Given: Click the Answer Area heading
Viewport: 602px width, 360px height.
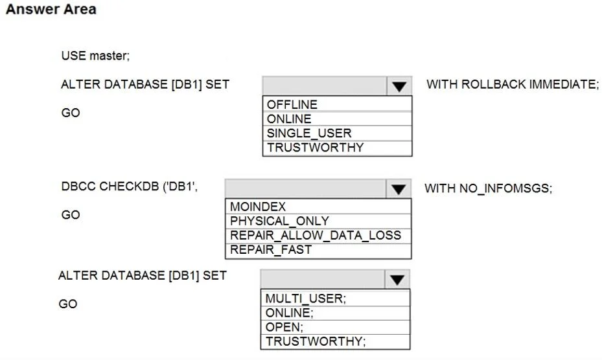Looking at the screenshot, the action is point(51,9).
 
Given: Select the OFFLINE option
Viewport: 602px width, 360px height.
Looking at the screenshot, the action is point(292,104).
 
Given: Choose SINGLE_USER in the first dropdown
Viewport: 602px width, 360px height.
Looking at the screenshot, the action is point(309,133).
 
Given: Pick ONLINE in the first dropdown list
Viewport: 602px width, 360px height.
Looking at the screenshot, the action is point(289,119).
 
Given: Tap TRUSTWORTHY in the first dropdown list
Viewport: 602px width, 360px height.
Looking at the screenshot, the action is point(315,148).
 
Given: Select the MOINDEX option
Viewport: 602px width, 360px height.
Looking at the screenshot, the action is point(258,207).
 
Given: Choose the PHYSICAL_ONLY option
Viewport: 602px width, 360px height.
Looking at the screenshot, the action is point(279,221).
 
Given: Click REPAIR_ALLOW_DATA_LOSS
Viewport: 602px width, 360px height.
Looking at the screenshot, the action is point(316,235).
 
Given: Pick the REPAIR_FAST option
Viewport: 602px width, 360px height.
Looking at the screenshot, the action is point(271,250).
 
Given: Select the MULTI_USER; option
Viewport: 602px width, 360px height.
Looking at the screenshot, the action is point(306,298).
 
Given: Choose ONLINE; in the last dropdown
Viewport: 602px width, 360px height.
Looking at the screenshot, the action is point(289,313).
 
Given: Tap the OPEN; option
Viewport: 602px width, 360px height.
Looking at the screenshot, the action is point(284,327).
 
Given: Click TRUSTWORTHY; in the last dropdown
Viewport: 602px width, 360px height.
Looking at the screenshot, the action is point(316,341).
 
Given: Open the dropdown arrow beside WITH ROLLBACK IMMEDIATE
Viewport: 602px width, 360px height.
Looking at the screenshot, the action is point(399,86).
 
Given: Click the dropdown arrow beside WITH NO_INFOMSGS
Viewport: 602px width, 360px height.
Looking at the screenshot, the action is point(399,188).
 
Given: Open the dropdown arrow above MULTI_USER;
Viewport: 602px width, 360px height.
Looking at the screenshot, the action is point(397,280).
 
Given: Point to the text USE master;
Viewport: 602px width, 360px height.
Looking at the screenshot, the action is point(96,56).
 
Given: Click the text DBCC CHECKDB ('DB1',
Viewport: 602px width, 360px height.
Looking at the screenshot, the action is point(130,186).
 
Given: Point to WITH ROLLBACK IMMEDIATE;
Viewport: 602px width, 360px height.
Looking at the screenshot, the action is point(513,84).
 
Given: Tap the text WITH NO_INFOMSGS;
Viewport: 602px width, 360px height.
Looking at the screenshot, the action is point(489,188).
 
